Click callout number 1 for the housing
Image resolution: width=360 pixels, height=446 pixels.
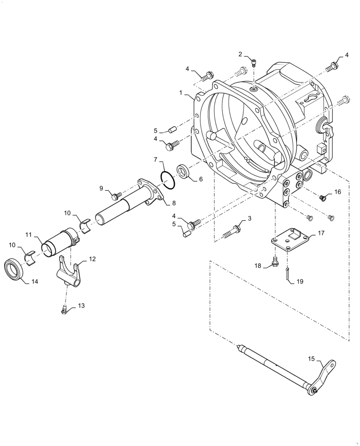181,93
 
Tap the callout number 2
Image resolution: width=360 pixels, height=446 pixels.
241,54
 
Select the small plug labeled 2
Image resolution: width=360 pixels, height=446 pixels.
253,63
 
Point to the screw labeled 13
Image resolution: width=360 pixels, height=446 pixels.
65,310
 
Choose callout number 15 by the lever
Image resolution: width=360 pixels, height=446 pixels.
311,359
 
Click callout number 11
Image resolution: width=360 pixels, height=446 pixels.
29,235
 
